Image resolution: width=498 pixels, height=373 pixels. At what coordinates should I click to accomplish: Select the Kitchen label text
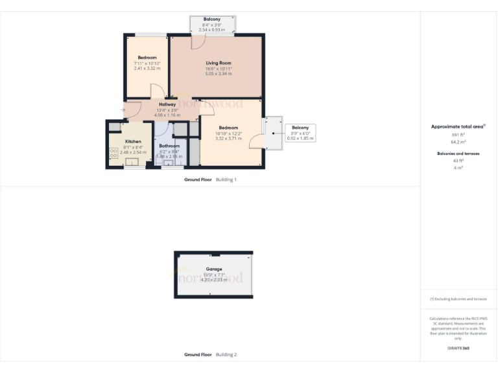133,141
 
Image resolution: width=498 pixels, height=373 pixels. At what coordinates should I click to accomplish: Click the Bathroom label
169,146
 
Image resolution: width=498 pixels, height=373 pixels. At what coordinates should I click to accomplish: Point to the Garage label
214,269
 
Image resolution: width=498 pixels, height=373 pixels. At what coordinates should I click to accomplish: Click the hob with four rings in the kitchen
113,153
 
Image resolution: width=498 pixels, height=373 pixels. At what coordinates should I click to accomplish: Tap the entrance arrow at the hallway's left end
124,109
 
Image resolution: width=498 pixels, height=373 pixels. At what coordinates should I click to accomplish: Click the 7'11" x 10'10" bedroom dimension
147,63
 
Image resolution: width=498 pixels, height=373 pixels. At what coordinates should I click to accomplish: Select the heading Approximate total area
458,126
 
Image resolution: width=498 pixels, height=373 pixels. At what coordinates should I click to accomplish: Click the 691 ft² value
458,134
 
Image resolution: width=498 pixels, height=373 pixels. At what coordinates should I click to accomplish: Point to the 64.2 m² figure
458,141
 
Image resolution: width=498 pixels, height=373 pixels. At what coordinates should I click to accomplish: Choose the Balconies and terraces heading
458,153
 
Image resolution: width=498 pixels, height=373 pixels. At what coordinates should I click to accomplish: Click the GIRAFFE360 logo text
458,348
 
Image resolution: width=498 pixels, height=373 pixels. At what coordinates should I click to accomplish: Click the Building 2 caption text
226,355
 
